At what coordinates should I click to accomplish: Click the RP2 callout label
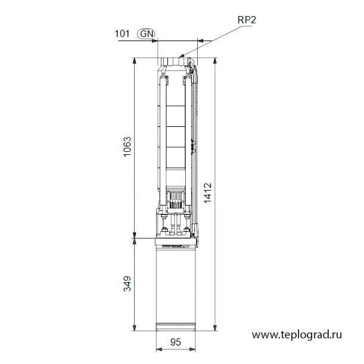pos(247,20)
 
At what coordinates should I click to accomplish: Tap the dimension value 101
pos(122,34)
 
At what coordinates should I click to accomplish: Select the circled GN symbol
pos(146,34)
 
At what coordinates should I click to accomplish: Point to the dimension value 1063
pos(127,147)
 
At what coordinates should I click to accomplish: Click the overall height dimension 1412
pos(208,193)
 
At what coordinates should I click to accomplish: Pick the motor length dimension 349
pos(127,284)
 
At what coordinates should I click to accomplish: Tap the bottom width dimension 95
pos(176,342)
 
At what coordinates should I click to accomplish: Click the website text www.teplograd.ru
pos(297,335)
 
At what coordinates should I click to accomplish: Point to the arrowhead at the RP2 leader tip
pos(182,55)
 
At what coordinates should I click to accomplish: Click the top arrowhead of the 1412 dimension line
pos(215,60)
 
